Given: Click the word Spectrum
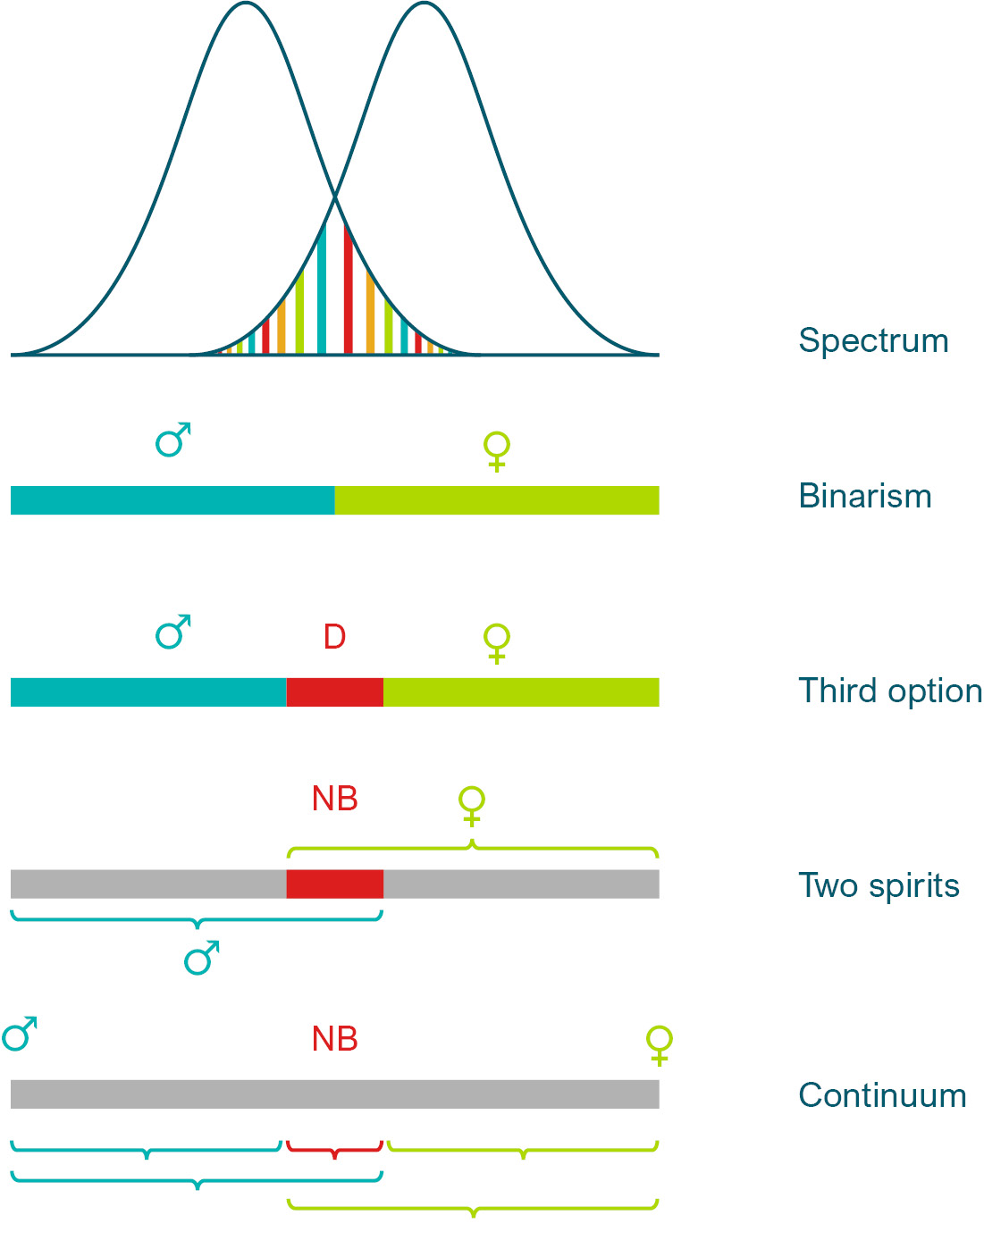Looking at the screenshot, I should click(x=873, y=341).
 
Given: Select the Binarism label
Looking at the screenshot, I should click(x=865, y=497).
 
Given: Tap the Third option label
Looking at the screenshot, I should click(x=890, y=691).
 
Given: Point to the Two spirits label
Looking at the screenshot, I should click(x=879, y=886).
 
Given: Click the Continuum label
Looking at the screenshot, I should click(x=882, y=1096).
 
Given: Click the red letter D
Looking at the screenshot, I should click(x=334, y=638).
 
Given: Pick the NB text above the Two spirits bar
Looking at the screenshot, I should click(x=335, y=799).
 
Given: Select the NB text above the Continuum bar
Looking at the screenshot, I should click(x=335, y=1039).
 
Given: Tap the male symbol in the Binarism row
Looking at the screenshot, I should click(x=172, y=440).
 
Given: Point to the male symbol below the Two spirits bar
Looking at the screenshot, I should click(x=201, y=958).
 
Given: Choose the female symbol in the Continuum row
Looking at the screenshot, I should click(x=660, y=1045).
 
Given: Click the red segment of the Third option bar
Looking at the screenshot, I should click(x=335, y=692).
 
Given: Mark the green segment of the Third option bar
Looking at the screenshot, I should click(x=521, y=692).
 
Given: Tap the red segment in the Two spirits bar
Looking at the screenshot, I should click(x=335, y=884).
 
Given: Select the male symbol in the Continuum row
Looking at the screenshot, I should click(x=20, y=1034).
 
